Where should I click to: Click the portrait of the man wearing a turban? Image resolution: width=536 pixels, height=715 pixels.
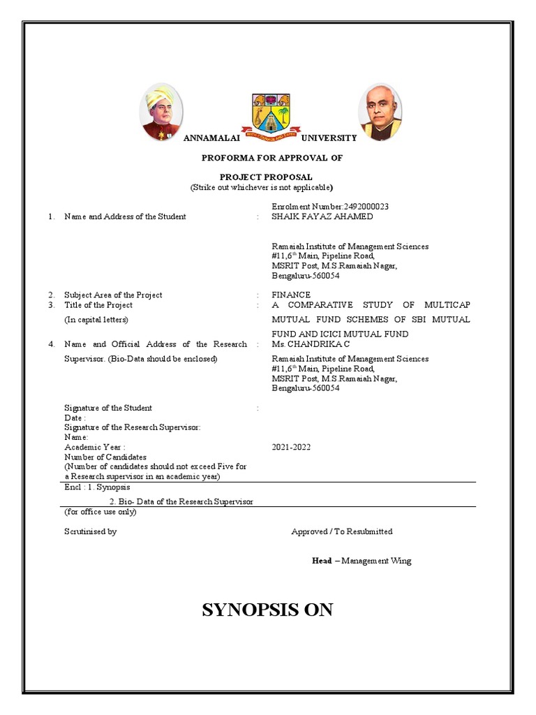coord(162,112)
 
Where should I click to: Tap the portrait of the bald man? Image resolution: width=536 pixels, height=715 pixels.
coord(380,112)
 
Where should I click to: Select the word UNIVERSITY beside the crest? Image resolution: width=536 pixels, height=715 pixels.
coord(328,138)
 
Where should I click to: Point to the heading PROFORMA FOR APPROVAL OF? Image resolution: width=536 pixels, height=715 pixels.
coord(272,158)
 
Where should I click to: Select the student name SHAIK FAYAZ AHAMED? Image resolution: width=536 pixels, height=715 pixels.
coord(322,216)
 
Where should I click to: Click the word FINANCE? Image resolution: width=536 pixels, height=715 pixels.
coord(291,295)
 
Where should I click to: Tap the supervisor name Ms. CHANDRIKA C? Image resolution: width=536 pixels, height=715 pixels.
coord(306,344)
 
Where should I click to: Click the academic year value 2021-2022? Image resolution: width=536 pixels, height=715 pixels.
coord(291,447)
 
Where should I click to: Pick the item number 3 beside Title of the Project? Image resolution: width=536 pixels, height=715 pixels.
coord(51,305)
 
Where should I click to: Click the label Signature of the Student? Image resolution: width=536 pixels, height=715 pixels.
coord(108,408)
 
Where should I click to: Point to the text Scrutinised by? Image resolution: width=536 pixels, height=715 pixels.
coord(90,531)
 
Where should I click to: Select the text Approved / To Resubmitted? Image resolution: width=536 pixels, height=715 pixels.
coord(342,531)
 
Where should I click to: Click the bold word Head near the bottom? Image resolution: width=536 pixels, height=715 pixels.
coord(322,561)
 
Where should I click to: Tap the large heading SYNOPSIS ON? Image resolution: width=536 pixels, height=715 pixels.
coord(267,610)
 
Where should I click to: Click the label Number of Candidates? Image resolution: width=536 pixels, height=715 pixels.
coord(105,457)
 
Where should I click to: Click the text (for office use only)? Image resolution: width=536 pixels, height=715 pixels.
coord(100,511)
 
